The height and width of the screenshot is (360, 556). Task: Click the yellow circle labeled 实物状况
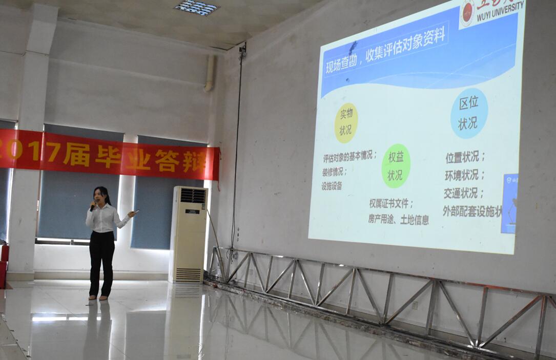tap(346, 123)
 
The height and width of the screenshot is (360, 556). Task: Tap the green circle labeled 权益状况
tap(396, 165)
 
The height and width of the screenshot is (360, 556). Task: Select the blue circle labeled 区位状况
tap(468, 113)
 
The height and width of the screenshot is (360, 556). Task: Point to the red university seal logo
tap(467, 13)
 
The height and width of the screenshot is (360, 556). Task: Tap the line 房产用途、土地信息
tap(398, 219)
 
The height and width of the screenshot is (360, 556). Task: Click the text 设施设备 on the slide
tap(332, 186)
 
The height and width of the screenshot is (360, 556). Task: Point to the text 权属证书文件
tap(392, 203)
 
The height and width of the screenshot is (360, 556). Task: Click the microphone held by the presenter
tap(93, 206)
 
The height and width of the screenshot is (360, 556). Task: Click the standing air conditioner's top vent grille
tap(193, 196)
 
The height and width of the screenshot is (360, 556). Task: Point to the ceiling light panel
tap(197, 8)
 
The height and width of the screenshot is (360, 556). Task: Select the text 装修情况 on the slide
tap(335, 172)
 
